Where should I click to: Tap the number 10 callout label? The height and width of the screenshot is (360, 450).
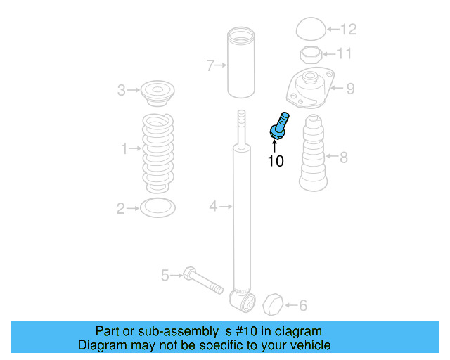276,161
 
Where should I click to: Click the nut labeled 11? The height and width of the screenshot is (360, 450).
309,54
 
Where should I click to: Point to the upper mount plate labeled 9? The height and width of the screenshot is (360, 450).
309,89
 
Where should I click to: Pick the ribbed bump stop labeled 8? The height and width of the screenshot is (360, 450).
314,157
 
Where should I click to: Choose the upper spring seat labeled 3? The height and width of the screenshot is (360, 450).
157,91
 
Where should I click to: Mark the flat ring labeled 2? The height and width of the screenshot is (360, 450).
157,207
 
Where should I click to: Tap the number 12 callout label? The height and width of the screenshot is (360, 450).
349,29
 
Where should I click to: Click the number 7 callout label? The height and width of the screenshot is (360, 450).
210,66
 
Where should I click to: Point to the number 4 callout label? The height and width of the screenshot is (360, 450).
212,206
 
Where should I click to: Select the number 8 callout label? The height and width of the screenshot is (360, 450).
343,157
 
